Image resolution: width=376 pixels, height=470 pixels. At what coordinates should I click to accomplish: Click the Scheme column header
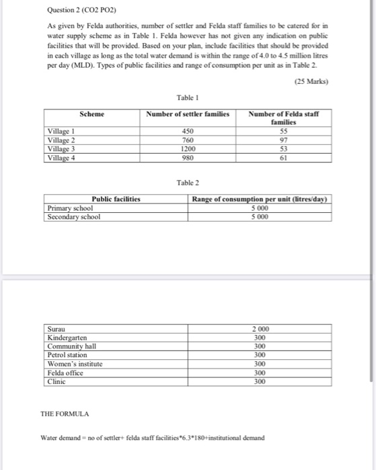91,114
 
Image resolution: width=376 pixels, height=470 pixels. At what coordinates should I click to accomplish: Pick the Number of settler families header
188,114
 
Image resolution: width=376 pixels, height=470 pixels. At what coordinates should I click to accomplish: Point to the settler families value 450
188,132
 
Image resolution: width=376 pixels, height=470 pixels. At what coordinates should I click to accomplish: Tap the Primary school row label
71,208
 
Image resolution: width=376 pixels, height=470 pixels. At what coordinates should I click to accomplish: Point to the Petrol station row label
67,355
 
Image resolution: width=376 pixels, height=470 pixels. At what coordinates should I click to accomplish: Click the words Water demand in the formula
62,438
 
